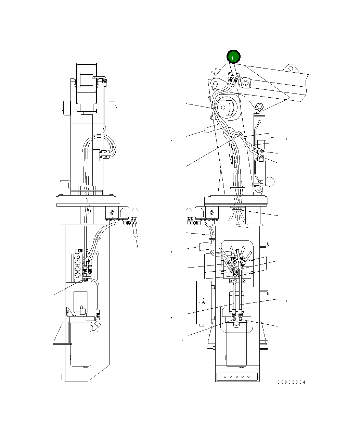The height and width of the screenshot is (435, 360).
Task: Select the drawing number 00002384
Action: [x=291, y=382]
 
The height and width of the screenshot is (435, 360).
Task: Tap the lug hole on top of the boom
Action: [x=291, y=68]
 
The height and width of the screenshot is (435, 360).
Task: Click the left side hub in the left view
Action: [x=66, y=109]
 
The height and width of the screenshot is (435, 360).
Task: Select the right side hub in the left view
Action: [x=111, y=109]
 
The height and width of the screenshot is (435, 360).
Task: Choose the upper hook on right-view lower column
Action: [x=266, y=245]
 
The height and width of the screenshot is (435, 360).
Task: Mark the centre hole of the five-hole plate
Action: [x=236, y=377]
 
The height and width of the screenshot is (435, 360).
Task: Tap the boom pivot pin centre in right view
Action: [x=223, y=108]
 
